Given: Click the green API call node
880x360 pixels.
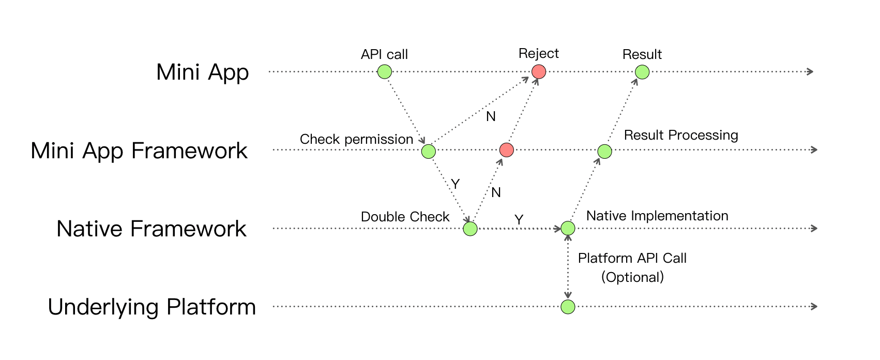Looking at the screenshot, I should (x=384, y=71).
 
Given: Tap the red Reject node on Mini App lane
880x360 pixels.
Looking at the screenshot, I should (x=539, y=71).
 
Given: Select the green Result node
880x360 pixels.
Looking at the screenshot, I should (x=642, y=72).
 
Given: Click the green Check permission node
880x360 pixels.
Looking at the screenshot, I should (x=428, y=151).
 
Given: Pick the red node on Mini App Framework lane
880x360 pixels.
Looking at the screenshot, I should (x=507, y=150).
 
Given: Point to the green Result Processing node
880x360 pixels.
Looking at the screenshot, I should (x=604, y=151).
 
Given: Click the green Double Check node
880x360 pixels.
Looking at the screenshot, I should (x=470, y=228).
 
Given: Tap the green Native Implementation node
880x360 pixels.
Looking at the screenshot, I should (x=568, y=228).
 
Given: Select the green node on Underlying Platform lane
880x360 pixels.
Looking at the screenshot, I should (x=568, y=307).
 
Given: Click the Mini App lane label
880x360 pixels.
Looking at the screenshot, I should (x=202, y=72).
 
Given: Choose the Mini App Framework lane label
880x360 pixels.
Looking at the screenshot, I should (x=139, y=151).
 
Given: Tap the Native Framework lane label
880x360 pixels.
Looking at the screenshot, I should (x=151, y=229).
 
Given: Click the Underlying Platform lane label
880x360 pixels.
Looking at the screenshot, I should (x=151, y=307).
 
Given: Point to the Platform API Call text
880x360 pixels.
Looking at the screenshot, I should (x=632, y=258).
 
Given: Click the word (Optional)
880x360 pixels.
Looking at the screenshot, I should (x=632, y=277).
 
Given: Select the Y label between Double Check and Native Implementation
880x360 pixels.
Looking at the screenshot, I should (x=519, y=220).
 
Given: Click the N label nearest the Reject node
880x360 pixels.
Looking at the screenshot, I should (x=491, y=116).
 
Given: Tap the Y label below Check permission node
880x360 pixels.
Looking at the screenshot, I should (x=455, y=184).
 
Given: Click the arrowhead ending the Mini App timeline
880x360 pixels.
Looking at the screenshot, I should (x=810, y=71).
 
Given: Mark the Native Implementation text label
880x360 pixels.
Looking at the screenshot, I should (x=657, y=216).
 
